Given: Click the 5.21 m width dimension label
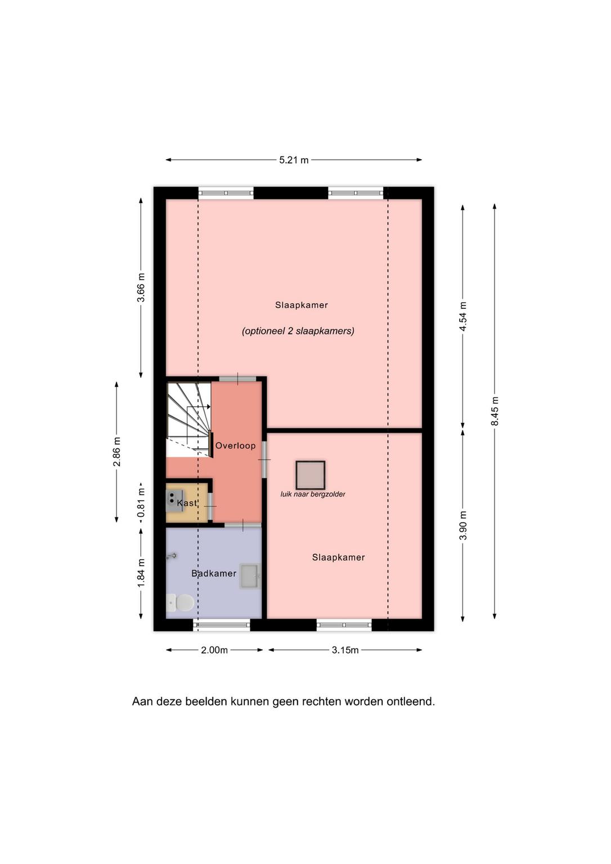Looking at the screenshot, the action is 294,160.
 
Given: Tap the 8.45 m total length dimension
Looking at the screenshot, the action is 495,411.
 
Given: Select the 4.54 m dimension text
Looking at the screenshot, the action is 463,316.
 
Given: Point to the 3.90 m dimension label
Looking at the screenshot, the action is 463,525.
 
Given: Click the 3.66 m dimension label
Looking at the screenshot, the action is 141,287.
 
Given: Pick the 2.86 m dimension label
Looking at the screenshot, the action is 117,452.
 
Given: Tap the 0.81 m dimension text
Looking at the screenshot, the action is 141,503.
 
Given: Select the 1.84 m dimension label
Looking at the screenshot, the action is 141,573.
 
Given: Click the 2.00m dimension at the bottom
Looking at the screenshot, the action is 214,650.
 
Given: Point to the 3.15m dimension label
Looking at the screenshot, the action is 345,650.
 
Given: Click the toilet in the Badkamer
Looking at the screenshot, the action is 181,602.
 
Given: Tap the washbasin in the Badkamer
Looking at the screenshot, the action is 250,576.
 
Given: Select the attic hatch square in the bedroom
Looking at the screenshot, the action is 311,475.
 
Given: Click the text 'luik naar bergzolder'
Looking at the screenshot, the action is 313,494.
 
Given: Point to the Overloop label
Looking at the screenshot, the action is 235,446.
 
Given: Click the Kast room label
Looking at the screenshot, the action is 187,503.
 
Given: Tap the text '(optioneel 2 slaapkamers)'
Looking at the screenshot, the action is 298,331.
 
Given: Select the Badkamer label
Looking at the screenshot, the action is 214,574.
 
